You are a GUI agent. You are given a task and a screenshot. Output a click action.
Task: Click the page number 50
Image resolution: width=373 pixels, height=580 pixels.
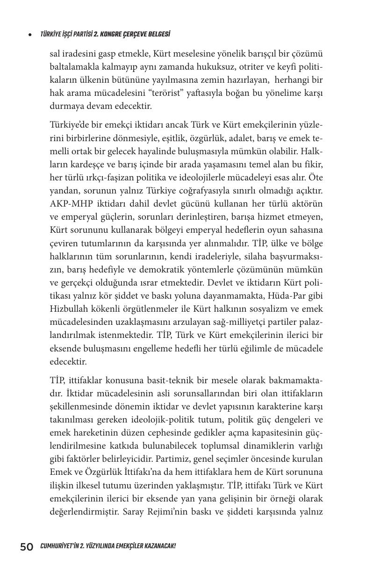pos(26,547)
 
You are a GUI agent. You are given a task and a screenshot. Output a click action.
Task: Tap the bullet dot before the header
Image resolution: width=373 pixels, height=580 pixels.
pos(29,35)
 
